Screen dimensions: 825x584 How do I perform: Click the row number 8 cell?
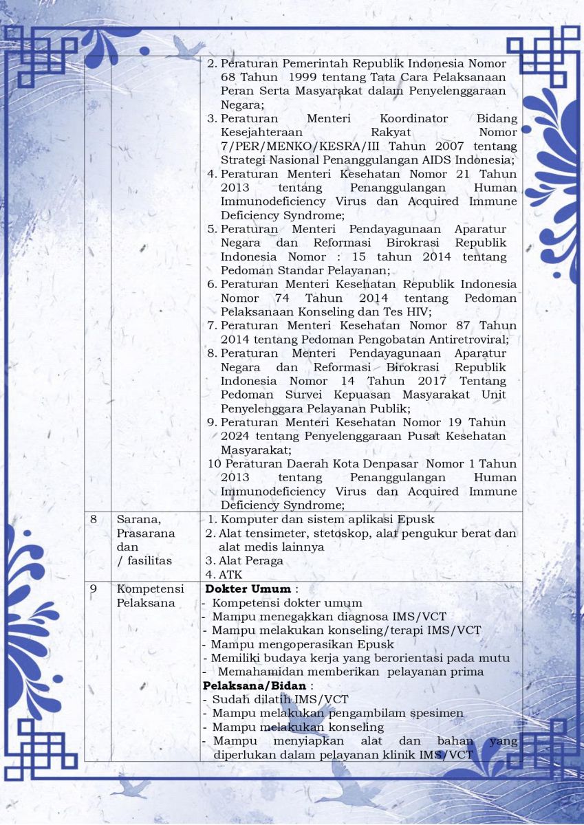click(94, 520)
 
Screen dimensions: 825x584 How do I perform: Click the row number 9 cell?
click(94, 588)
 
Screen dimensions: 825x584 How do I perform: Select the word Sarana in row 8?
click(136, 520)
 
